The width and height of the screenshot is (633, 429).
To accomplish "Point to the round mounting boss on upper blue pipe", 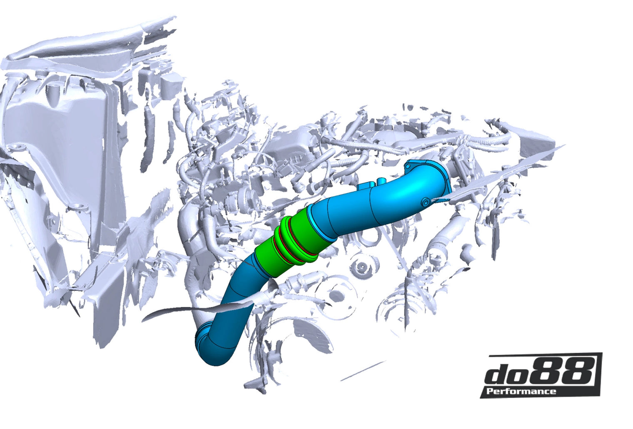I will click(x=426, y=202).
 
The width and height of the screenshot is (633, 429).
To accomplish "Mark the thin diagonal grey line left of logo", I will click(x=362, y=371).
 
